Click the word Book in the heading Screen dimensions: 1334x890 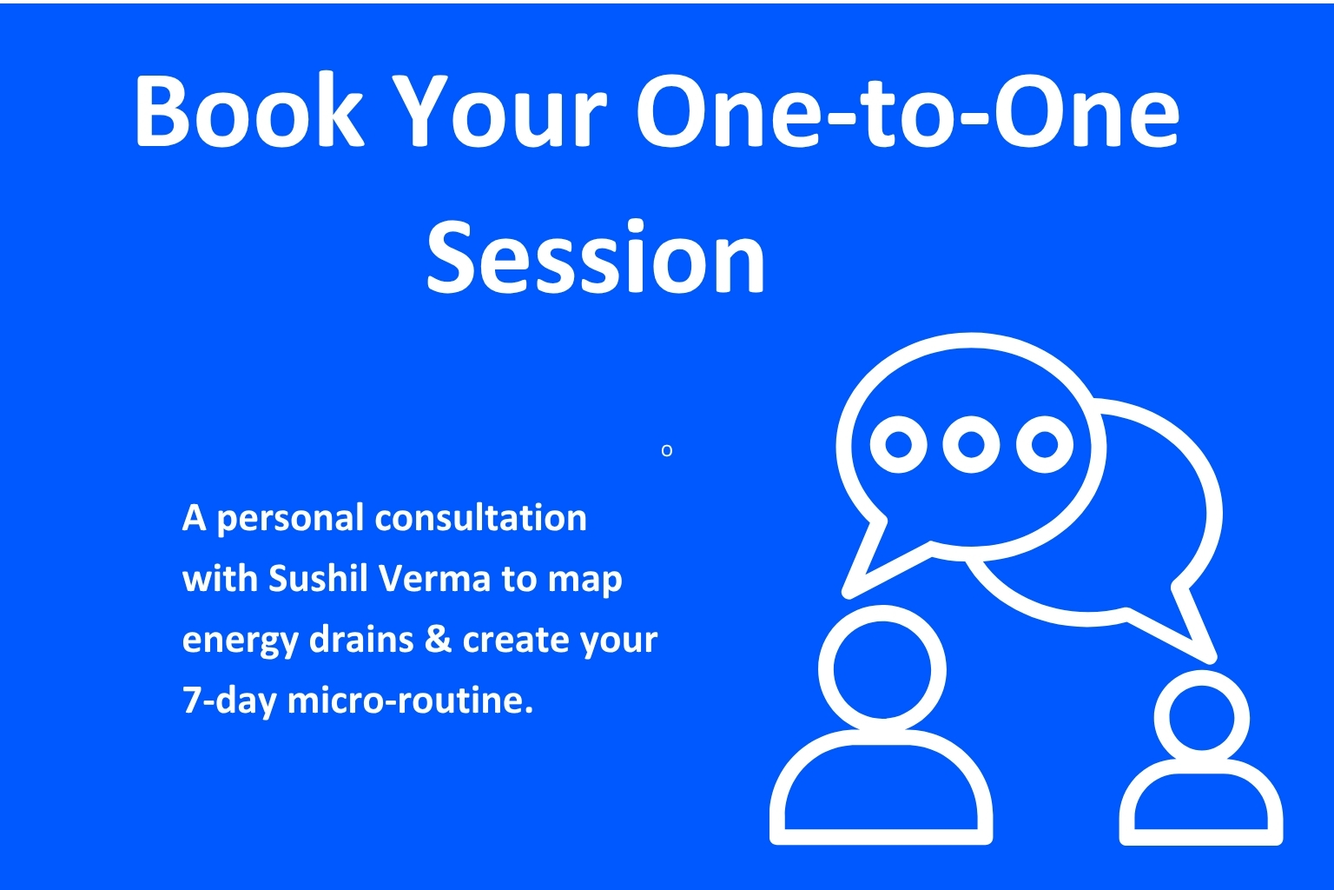(249, 110)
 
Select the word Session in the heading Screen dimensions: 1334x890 (596, 256)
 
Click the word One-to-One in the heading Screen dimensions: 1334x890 (908, 110)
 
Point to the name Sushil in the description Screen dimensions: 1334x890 (318, 577)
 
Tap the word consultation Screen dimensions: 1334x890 (480, 517)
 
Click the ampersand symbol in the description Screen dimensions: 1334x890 (439, 638)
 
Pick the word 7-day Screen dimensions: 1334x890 (230, 701)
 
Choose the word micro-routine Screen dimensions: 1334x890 (410, 700)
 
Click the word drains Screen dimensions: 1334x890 (361, 638)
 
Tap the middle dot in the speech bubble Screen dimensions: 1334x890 (971, 444)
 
